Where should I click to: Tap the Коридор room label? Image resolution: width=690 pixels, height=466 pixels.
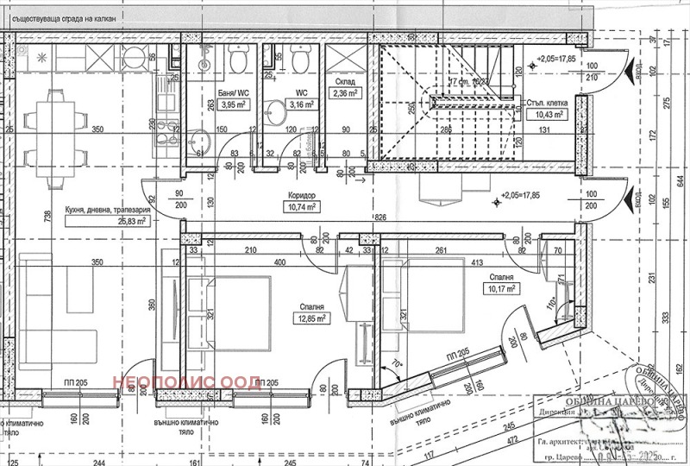point(302,196)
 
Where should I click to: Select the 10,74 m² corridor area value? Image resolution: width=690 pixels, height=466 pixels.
point(302,207)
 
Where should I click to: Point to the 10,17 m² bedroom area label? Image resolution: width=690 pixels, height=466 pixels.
point(499,289)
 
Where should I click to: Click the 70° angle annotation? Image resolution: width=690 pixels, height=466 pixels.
point(398,365)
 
